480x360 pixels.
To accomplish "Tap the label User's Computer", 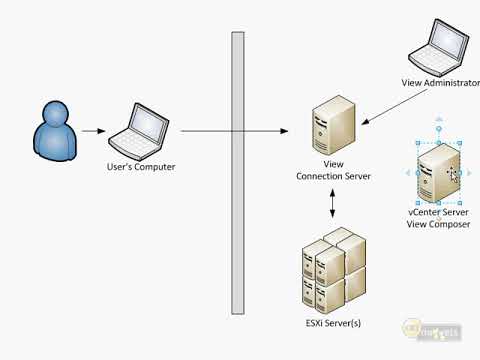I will coord(141,167).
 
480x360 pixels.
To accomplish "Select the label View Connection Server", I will coord(334,169).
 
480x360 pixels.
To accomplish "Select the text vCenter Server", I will coord(438,212).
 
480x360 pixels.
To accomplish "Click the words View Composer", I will coord(438,224).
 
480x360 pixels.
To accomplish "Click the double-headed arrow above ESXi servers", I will coord(334,203).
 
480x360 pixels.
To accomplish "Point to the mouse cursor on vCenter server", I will coord(453,174).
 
